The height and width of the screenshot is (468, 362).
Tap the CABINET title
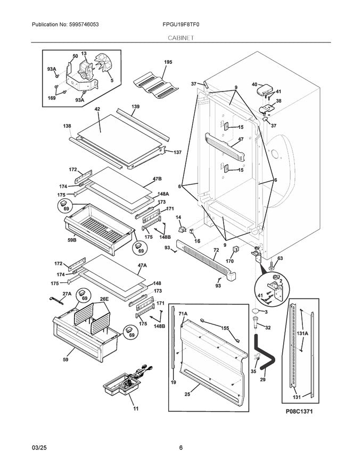(181, 38)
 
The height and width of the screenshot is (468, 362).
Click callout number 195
(168, 63)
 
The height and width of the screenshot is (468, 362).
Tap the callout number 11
(136, 408)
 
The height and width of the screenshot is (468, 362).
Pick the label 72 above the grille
(216, 249)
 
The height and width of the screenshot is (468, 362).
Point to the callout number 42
(97, 109)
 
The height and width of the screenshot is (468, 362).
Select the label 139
(136, 107)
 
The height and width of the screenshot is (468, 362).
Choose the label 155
(225, 328)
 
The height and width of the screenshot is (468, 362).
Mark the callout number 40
(254, 84)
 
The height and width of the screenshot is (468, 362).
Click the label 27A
(67, 294)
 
